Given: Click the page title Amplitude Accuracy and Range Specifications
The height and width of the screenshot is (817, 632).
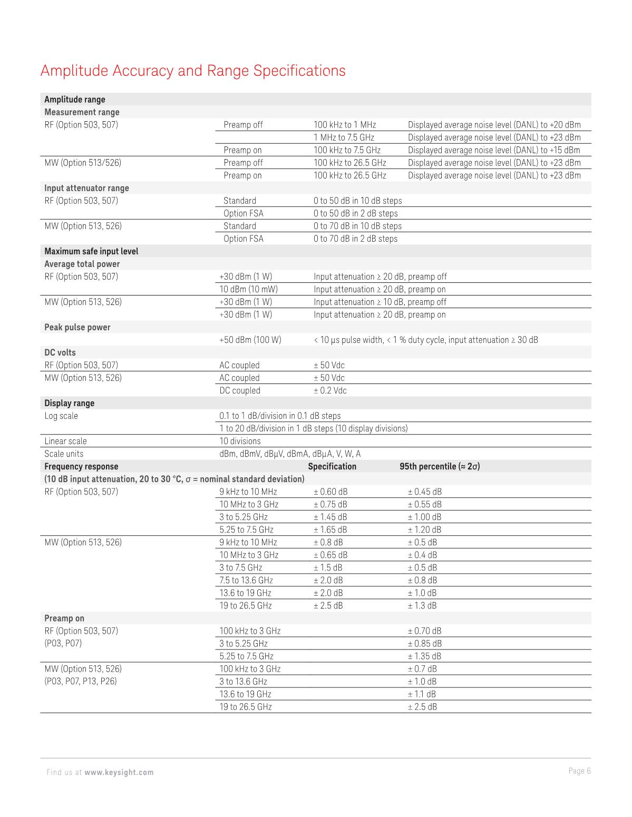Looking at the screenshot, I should pos(193,71).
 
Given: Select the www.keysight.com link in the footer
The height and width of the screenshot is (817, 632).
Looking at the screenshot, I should pos(119,772).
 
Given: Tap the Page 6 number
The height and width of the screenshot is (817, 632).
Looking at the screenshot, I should pos(580,771).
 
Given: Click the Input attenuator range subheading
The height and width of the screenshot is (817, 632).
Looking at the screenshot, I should pos(86,188).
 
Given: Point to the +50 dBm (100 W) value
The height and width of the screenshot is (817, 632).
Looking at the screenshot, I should pos(250,340).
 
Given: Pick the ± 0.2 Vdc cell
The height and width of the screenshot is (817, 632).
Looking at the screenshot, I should pos(330,390).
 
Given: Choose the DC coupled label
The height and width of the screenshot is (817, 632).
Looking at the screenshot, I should pos(240,390).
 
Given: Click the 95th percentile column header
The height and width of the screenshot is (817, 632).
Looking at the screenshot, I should pos(440,466).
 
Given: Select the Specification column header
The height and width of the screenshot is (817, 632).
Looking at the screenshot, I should pos(332,466).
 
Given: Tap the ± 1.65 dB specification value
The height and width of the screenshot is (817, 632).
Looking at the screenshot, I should pos(330,529).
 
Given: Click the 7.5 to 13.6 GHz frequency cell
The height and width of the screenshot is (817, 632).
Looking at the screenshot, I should pos(246,580).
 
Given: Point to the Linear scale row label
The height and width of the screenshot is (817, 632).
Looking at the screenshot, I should pos(65,441).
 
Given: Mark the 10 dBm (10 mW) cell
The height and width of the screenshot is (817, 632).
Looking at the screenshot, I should pos(248,289).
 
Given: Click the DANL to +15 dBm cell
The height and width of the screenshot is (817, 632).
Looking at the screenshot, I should pos(494,150).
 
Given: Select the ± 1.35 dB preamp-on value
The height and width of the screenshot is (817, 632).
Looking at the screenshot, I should pos(424,656).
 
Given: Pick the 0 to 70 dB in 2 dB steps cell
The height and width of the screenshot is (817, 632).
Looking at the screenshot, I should pos(355,239).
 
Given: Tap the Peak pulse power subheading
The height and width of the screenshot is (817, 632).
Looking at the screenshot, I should pos(77,327).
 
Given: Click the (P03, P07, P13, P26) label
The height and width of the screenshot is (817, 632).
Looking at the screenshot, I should pos(80,681).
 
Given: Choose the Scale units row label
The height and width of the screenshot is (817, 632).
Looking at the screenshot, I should pos(64,454).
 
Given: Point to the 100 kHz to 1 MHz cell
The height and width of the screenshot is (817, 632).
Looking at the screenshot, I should pos(345,125).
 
